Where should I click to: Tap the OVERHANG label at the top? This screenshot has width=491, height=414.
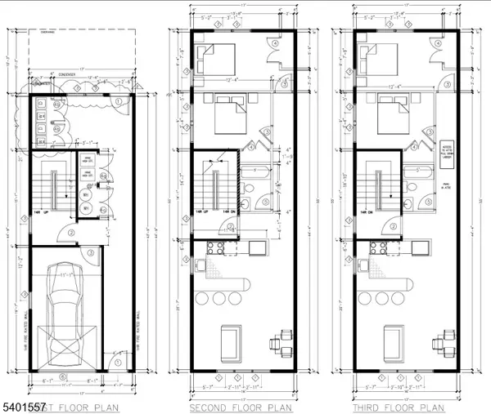(39, 35)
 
